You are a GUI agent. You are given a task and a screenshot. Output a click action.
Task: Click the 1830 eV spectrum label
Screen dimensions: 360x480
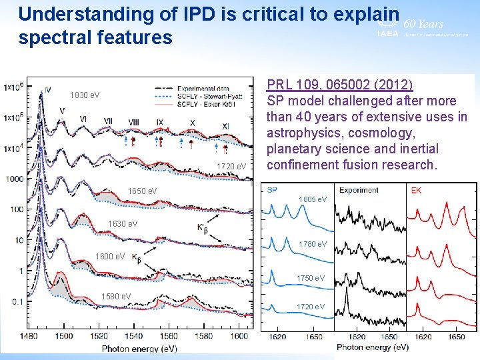(85, 95)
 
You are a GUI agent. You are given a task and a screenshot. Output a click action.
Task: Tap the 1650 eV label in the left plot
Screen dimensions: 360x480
(142, 191)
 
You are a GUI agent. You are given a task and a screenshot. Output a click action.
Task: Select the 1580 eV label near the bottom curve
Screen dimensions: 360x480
(115, 296)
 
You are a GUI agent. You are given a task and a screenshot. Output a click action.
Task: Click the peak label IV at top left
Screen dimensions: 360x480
(47, 90)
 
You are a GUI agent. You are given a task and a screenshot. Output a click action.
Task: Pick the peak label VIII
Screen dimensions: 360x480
(133, 122)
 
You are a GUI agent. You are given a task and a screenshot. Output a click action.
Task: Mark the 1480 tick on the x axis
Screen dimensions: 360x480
(28, 337)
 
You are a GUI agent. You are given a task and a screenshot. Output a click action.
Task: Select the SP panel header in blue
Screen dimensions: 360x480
(271, 190)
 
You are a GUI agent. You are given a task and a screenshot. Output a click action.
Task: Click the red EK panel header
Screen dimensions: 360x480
(416, 190)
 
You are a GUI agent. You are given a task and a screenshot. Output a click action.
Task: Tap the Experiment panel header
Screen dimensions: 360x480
(359, 190)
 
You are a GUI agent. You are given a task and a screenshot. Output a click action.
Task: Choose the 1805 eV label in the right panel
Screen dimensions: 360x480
(313, 199)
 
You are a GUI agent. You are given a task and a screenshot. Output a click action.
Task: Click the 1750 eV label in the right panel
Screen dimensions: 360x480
(311, 278)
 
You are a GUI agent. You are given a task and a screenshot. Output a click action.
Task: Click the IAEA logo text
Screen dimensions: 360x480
(388, 33)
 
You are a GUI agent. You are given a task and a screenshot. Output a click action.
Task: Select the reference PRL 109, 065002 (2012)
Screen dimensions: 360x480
(339, 85)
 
